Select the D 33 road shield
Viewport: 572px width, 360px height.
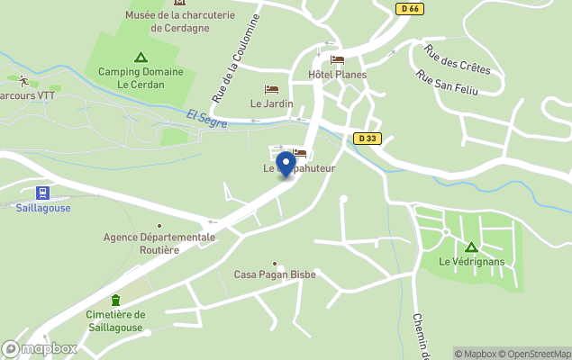point(366,139)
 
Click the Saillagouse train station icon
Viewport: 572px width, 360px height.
point(42,193)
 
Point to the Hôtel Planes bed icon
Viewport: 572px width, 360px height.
point(338,60)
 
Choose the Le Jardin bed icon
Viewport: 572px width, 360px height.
point(271,89)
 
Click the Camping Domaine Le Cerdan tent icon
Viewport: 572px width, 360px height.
point(140,58)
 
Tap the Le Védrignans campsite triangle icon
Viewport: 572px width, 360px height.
point(470,247)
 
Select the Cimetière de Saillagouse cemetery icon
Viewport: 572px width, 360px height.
point(115,300)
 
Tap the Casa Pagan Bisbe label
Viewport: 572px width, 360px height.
point(275,274)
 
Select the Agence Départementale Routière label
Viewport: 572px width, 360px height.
point(159,243)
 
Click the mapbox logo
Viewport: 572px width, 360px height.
point(40,348)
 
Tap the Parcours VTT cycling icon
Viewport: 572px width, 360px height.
point(23,81)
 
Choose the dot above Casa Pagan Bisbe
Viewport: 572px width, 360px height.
point(275,263)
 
